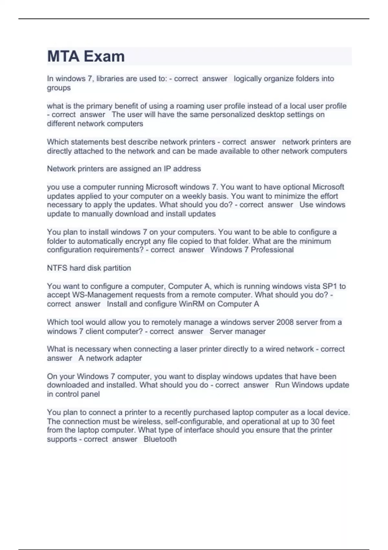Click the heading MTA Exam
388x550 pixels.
click(x=86, y=56)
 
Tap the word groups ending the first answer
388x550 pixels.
click(x=59, y=88)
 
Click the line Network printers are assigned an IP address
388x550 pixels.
click(x=124, y=169)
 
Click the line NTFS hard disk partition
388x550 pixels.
click(x=89, y=268)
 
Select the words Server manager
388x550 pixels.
click(x=237, y=331)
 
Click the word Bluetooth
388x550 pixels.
click(x=160, y=439)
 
